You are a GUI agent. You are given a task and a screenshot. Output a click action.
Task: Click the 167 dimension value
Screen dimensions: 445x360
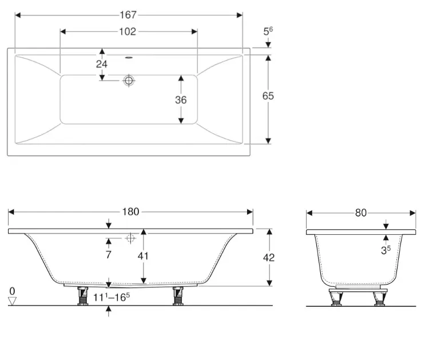pyautogui.click(x=128, y=15)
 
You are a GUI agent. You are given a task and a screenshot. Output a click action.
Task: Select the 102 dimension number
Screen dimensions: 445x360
pyautogui.click(x=128, y=31)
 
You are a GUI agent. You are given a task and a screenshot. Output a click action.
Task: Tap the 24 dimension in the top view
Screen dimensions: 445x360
pyautogui.click(x=102, y=65)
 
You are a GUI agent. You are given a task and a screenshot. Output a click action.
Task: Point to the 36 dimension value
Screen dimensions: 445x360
pyautogui.click(x=181, y=100)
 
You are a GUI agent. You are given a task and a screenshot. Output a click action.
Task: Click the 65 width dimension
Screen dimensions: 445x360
pyautogui.click(x=268, y=96)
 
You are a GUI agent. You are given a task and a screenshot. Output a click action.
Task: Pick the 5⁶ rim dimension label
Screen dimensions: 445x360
pyautogui.click(x=268, y=31)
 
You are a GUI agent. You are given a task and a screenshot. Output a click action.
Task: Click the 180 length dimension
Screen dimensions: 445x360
pyautogui.click(x=130, y=212)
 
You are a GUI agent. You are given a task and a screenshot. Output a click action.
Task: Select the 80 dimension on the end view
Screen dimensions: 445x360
pyautogui.click(x=361, y=213)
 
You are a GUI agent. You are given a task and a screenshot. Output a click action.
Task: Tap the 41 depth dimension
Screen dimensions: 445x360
pyautogui.click(x=143, y=256)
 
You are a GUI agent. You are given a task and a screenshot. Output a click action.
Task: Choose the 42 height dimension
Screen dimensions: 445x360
pyautogui.click(x=268, y=258)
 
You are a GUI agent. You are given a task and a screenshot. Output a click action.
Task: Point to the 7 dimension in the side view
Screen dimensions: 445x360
pyautogui.click(x=109, y=255)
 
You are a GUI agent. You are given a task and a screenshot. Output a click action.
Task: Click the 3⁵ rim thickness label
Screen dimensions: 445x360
pyautogui.click(x=386, y=250)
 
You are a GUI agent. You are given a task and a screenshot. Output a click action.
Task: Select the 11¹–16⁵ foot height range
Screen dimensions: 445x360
pyautogui.click(x=112, y=297)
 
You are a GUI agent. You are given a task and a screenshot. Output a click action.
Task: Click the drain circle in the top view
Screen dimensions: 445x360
pyautogui.click(x=129, y=81)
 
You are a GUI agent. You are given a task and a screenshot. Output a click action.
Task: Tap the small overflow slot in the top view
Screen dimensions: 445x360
pyautogui.click(x=129, y=58)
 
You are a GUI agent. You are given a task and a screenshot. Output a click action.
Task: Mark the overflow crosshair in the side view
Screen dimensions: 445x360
pyautogui.click(x=130, y=238)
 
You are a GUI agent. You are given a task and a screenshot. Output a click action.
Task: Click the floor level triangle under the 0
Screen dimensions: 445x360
pyautogui.click(x=12, y=301)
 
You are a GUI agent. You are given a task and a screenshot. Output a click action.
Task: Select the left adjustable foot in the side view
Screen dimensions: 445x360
pyautogui.click(x=82, y=296)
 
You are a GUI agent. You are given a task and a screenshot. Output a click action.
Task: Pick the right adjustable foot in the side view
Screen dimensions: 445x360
pyautogui.click(x=178, y=296)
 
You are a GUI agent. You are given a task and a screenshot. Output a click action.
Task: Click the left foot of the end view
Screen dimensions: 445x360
pyautogui.click(x=336, y=299)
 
